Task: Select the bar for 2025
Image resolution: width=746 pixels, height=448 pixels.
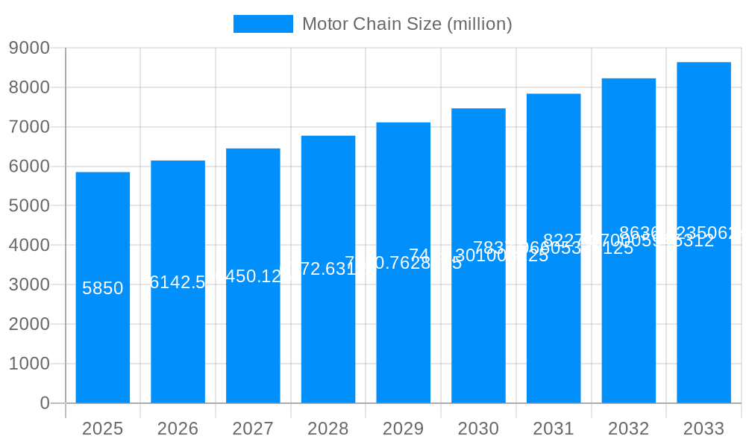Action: click(x=102, y=336)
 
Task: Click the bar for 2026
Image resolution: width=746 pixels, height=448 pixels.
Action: click(x=178, y=336)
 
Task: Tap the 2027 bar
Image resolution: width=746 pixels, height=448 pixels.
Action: click(x=253, y=336)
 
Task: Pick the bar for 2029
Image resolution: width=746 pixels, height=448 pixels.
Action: click(x=403, y=336)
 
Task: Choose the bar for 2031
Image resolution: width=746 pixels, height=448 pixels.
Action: click(x=554, y=336)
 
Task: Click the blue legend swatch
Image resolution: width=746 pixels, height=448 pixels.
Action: click(x=263, y=24)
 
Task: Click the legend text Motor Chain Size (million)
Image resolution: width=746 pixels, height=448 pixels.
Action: click(x=407, y=24)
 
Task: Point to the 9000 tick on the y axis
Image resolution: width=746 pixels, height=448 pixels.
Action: click(x=29, y=48)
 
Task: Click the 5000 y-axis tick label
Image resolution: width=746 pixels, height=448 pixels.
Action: click(x=29, y=205)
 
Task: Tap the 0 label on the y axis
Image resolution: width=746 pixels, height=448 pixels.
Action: click(x=44, y=403)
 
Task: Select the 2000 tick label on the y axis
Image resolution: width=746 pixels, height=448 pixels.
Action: click(x=29, y=324)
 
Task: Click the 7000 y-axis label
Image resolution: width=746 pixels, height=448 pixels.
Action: click(x=29, y=127)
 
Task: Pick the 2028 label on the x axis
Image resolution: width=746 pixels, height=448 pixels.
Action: click(x=327, y=429)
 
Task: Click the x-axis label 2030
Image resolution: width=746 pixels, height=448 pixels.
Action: click(x=478, y=429)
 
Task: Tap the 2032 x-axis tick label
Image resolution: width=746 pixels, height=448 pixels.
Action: click(x=628, y=429)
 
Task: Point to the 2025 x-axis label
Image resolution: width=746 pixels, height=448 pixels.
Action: click(x=102, y=429)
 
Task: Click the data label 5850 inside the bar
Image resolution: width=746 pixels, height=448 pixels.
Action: click(x=102, y=288)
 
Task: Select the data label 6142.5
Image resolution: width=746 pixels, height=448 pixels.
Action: click(x=178, y=282)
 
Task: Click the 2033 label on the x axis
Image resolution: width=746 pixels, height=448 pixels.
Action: click(x=703, y=429)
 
